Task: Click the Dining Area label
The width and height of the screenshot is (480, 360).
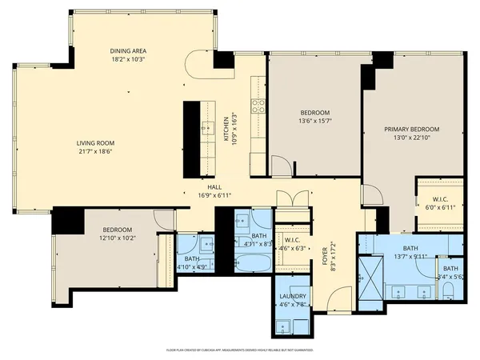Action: (x=128, y=52)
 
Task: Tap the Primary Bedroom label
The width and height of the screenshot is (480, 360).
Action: (x=411, y=129)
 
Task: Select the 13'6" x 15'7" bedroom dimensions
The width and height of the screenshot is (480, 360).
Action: (x=315, y=121)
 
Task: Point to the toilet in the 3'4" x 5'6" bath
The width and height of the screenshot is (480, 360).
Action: (x=450, y=289)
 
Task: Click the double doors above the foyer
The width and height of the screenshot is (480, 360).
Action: (x=291, y=198)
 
